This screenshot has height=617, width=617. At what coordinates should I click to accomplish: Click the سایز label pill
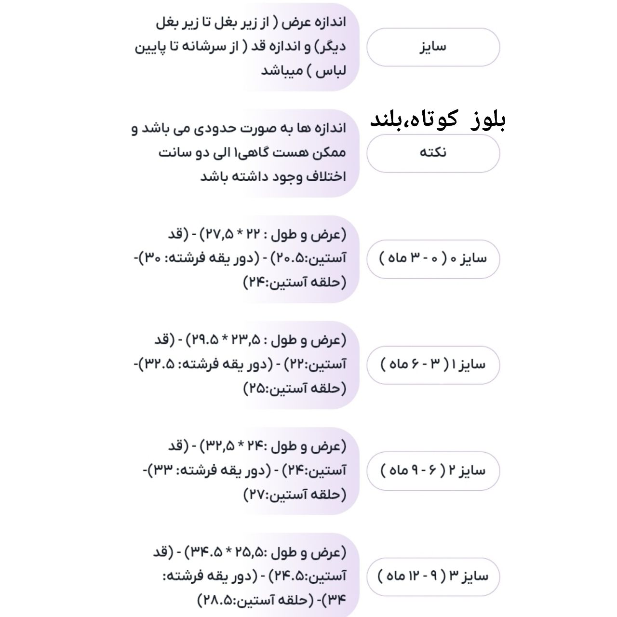point(433,47)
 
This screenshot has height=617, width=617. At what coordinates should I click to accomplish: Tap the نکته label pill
point(433,153)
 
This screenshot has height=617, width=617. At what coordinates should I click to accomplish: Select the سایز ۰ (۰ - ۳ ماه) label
point(433,258)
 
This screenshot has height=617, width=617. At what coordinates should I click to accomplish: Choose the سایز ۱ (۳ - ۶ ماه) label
point(433,364)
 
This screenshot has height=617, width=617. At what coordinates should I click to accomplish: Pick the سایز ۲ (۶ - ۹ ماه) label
point(433,470)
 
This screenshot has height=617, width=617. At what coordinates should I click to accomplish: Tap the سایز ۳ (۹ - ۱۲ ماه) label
point(433,576)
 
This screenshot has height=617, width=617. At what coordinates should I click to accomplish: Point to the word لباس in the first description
point(333,71)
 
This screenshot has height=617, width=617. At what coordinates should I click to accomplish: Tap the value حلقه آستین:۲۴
point(295,282)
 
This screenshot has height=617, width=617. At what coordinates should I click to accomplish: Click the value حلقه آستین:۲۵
point(295,388)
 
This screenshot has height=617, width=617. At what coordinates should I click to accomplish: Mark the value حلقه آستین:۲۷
point(295,494)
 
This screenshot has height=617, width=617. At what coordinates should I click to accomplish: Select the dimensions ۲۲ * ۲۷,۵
point(233,235)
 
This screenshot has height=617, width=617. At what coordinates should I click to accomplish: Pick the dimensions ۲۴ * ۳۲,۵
point(233,446)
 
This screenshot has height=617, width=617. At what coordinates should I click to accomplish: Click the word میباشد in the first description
point(282,71)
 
